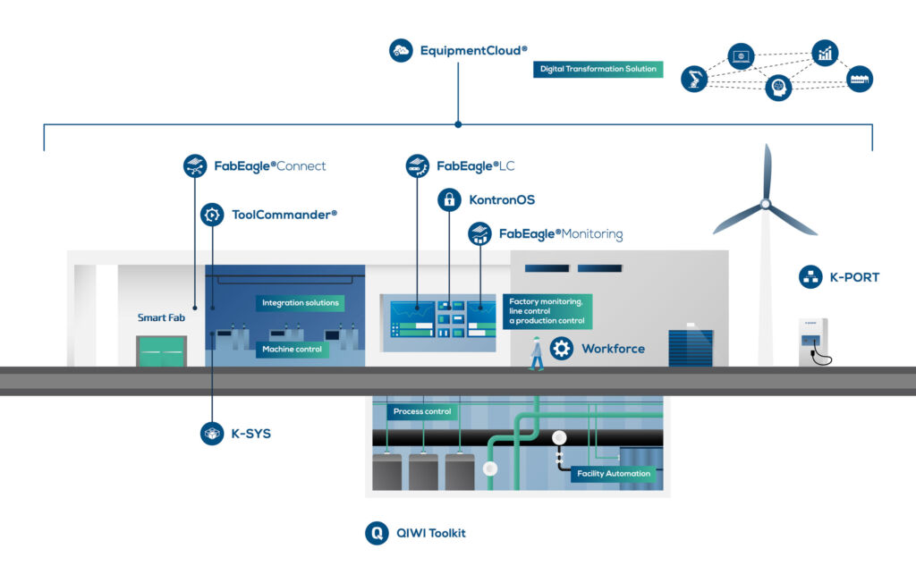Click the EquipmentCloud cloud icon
pos(401,50)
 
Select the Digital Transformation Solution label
pos(598,69)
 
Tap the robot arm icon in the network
pos(693,79)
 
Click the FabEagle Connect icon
pos(195,165)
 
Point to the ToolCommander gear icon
pos(212,215)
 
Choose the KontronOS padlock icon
pos(449,199)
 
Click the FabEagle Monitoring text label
pos(560,234)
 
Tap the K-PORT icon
pos(810,277)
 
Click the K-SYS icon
pos(212,434)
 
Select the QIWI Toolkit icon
pos(377,533)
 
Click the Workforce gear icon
pos(562,349)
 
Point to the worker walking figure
pos(536,353)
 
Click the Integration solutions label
pos(300,303)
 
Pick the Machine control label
pos(292,350)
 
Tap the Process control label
pos(422,411)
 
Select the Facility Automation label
pos(613,474)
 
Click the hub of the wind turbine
pos(765,204)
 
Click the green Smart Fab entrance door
pos(161,351)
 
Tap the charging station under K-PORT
pos(812,343)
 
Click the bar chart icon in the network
pos(825,53)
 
